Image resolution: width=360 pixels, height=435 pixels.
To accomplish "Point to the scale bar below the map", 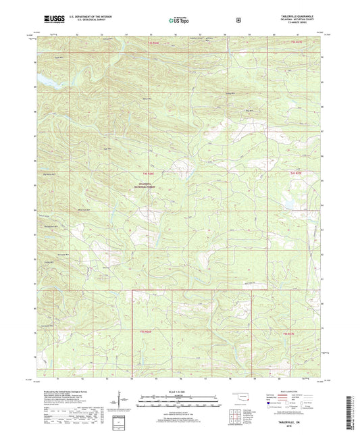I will [180, 400].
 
